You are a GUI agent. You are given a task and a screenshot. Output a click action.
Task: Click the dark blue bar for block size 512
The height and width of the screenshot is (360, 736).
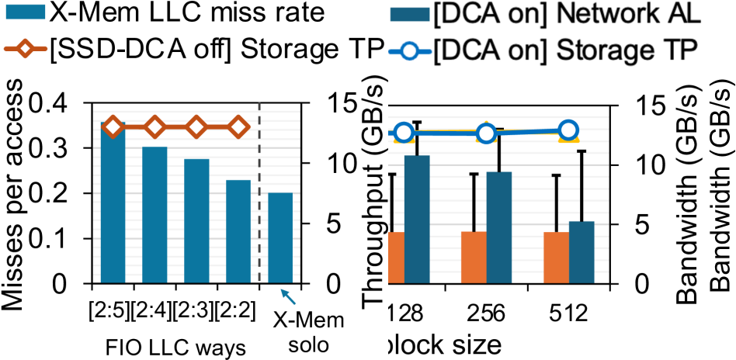tap(582, 252)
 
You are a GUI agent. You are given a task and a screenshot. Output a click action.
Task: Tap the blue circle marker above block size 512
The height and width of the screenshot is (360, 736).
tap(568, 130)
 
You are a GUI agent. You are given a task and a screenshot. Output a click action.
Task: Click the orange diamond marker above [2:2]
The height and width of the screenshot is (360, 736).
tap(238, 126)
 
